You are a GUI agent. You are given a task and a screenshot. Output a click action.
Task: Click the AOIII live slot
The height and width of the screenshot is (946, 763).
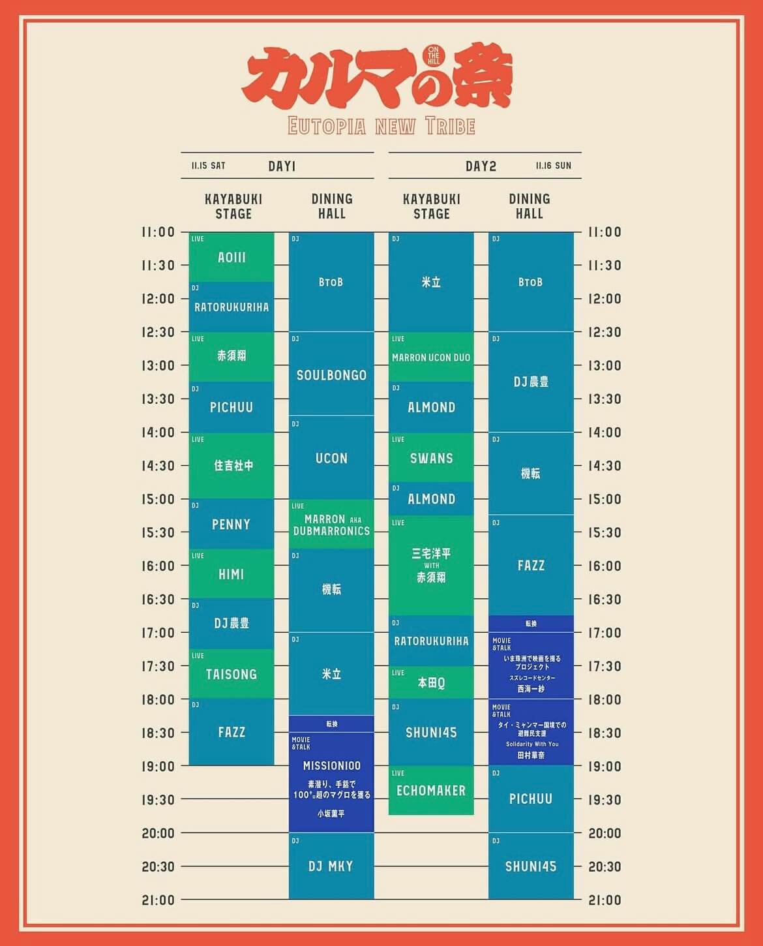point(232,257)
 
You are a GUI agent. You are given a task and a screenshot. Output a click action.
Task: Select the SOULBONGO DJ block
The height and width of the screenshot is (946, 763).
point(331,375)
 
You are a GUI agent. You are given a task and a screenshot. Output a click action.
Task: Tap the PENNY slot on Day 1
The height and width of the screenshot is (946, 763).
point(232,524)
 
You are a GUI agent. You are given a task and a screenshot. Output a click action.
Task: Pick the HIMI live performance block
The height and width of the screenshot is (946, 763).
point(232,574)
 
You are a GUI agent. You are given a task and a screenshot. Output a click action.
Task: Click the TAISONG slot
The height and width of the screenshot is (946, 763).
point(232,674)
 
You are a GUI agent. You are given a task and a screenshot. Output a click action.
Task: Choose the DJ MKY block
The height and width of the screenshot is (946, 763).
point(331,866)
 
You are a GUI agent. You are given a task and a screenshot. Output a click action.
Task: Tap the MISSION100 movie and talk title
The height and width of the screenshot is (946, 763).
point(331,765)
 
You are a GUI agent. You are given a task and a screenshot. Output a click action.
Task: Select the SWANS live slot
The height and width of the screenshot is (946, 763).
point(431,458)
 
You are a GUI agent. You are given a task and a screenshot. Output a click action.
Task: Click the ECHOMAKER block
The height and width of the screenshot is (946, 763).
point(431,790)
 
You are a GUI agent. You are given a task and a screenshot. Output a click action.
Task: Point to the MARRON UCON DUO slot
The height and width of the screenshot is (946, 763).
point(431,358)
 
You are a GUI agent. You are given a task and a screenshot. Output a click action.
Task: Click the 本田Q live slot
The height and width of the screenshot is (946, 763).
point(431,682)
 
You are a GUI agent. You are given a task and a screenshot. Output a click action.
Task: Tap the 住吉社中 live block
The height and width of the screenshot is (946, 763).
point(233,466)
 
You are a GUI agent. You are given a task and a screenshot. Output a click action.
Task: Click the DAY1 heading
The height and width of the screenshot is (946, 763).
point(282,166)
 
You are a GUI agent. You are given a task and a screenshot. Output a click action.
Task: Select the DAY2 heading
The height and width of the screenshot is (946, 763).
point(481,166)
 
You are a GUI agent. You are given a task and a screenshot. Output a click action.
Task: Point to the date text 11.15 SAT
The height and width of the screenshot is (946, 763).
point(209,166)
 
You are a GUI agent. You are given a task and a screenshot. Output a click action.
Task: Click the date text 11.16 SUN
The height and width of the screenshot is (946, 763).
point(553,166)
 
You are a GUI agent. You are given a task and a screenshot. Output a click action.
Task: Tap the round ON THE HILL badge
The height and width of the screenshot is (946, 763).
point(434,55)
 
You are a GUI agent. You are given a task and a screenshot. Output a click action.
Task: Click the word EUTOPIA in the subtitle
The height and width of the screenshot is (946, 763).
point(327,126)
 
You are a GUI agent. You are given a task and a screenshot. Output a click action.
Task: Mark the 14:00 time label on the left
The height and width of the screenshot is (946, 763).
point(158,432)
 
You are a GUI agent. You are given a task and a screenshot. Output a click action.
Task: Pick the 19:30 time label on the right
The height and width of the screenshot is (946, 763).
point(605,799)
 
